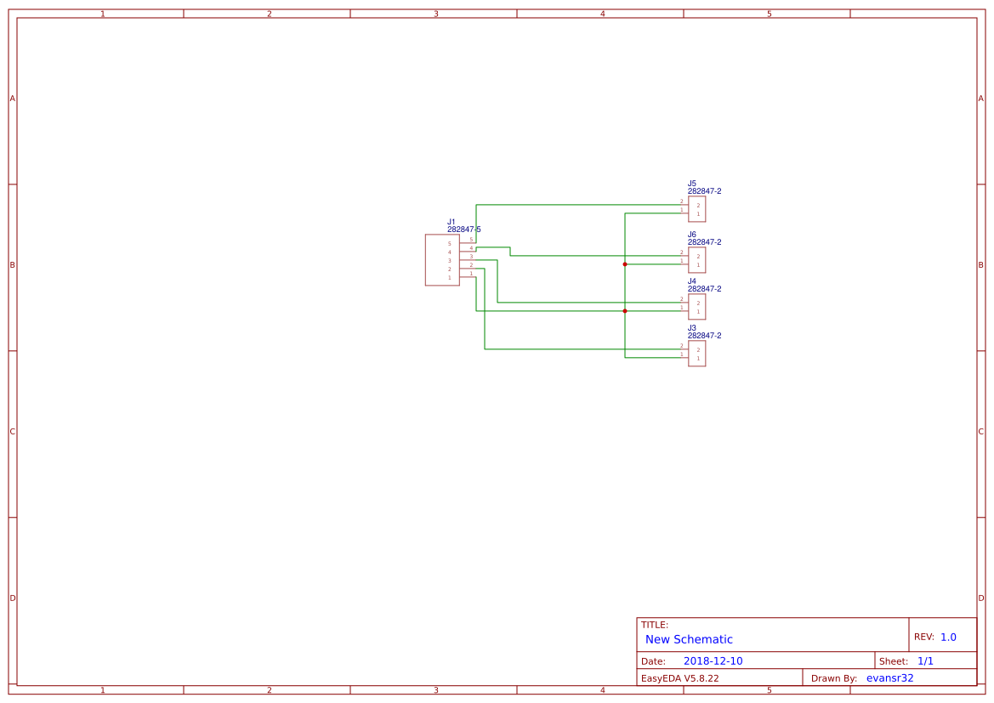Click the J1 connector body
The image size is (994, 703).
pos(442,260)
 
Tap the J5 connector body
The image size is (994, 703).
pos(697,209)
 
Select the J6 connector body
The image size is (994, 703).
pos(697,260)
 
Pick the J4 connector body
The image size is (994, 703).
pos(697,307)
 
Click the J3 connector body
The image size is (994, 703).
pos(697,354)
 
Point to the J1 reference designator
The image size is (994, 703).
pos(452,222)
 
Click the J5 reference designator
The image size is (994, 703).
pos(692,184)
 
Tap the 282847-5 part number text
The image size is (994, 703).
pos(464,230)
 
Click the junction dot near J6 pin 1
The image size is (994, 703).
pos(625,264)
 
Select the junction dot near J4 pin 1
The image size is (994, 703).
pos(625,311)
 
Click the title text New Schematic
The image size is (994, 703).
pos(689,639)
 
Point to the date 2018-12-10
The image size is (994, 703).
pos(713,661)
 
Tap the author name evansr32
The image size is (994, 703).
pos(889,678)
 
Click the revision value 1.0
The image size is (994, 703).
pos(948,637)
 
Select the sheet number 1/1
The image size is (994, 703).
pos(925,661)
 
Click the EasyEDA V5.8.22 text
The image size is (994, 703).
pos(679,678)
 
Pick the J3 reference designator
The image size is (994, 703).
pos(692,328)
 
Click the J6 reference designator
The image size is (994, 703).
pos(692,235)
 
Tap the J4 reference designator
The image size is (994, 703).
pos(692,281)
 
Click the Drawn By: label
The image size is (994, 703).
pos(834,678)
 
